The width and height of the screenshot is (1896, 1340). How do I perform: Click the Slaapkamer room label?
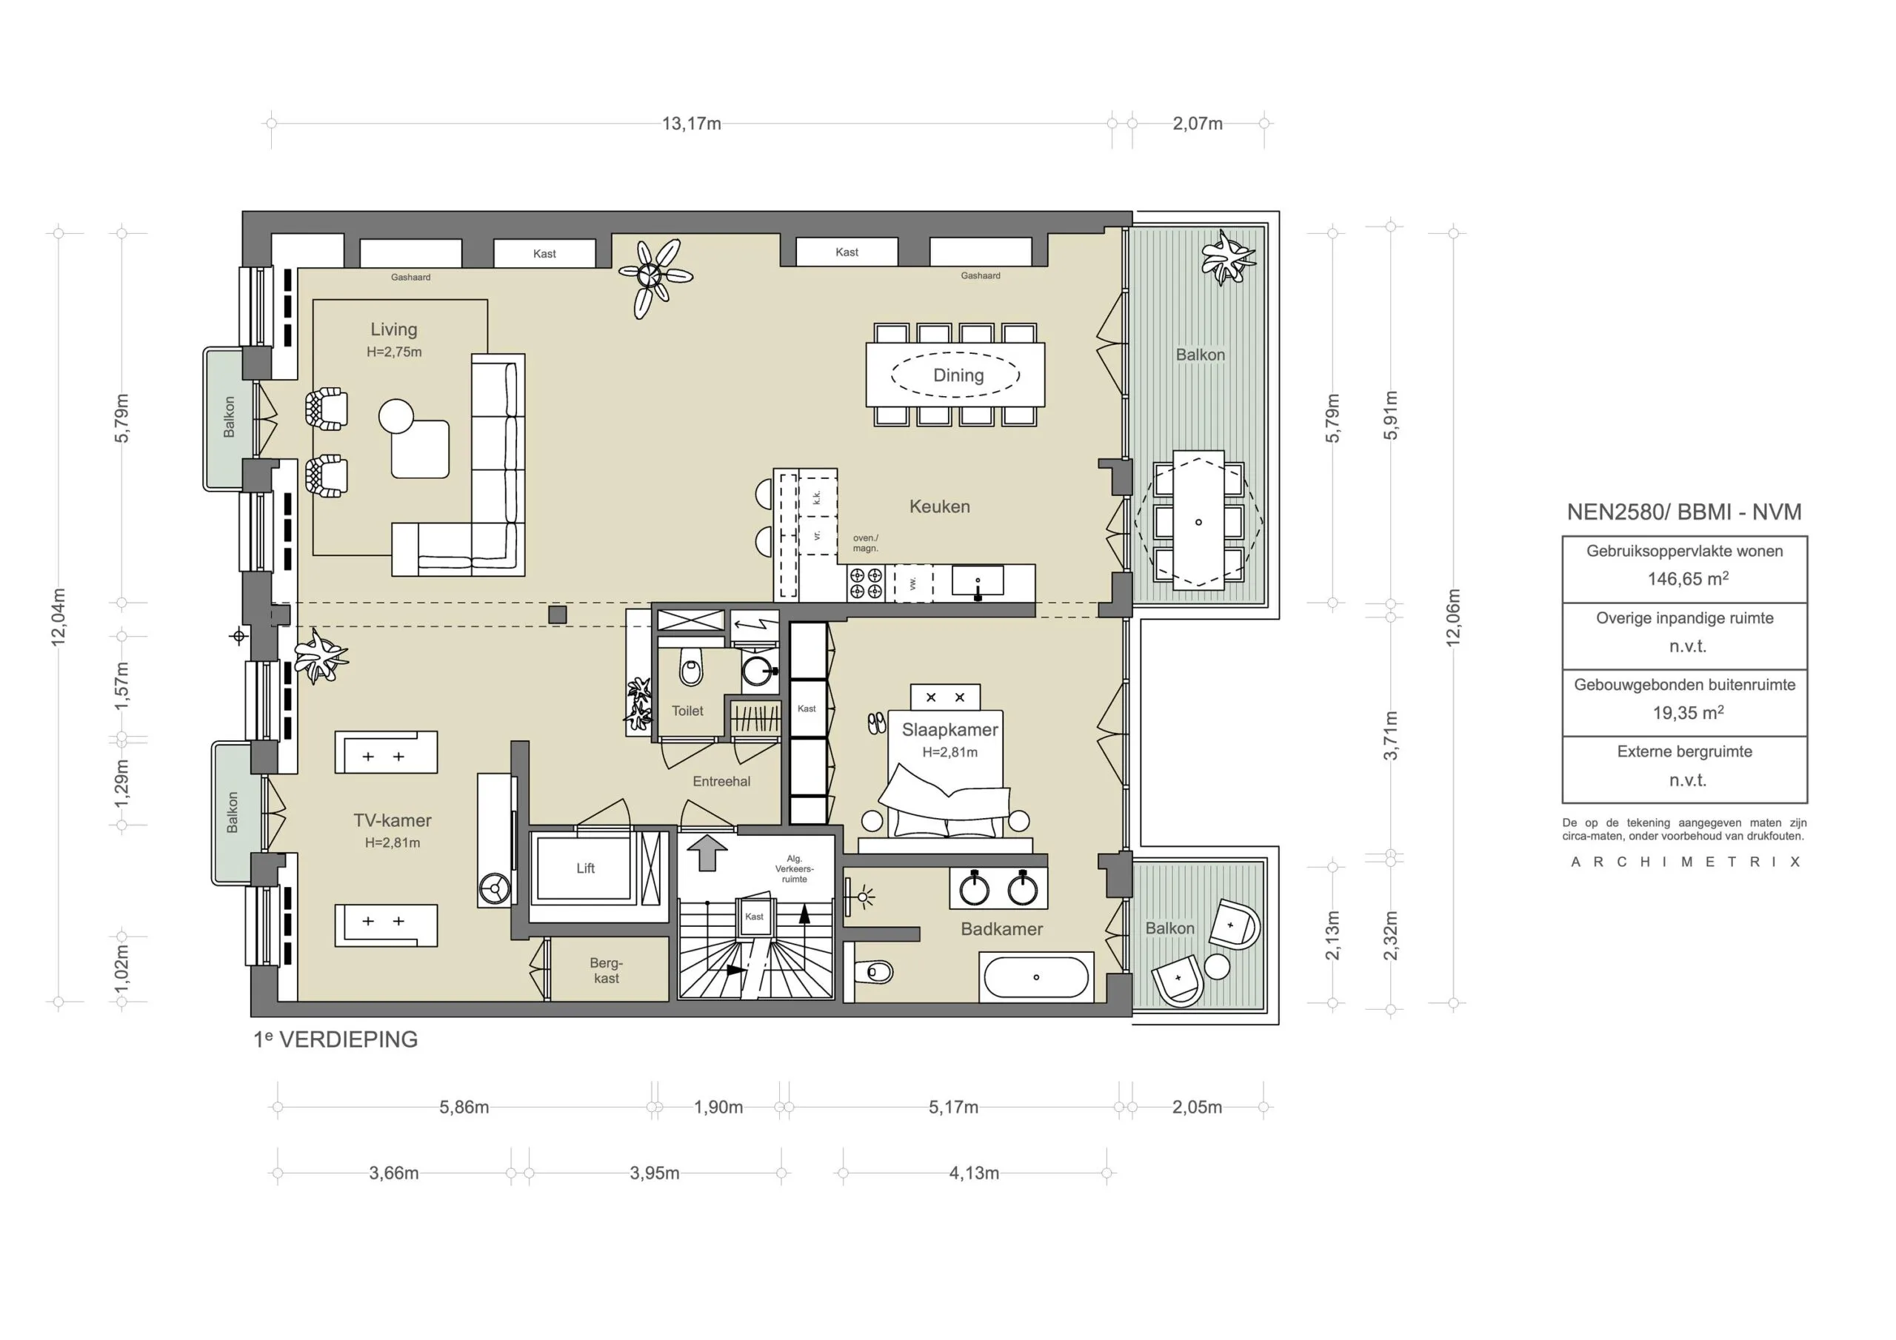949,730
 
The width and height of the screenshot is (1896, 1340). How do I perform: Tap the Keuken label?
939,506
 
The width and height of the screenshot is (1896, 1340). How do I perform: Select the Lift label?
586,868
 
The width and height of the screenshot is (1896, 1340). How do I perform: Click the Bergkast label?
606,970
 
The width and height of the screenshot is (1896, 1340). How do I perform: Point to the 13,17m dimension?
691,124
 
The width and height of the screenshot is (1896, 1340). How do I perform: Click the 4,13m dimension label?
974,1173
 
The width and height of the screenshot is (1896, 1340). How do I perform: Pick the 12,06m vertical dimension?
1453,617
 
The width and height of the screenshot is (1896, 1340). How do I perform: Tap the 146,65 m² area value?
1687,579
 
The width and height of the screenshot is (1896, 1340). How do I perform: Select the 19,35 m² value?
1687,712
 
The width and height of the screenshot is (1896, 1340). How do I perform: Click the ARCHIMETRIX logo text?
1685,862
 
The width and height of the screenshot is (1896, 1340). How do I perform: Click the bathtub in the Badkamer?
1035,976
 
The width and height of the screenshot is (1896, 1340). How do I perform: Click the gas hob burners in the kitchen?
866,583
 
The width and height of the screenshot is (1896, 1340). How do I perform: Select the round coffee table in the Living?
396,416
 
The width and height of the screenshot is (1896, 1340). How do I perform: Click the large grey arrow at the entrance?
707,852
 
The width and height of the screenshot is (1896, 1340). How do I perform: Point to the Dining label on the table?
958,375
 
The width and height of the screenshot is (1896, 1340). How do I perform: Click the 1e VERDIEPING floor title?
336,1039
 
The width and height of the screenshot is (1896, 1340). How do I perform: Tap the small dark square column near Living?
558,614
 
